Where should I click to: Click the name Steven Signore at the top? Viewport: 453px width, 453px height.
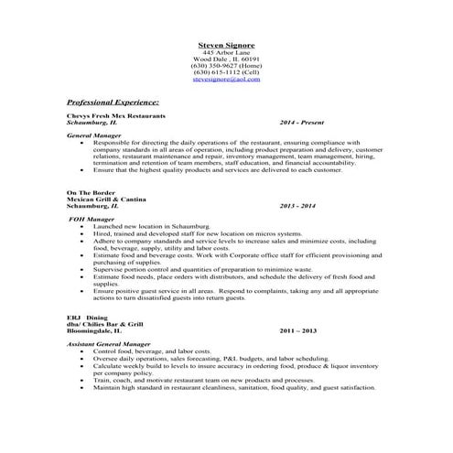click(225, 44)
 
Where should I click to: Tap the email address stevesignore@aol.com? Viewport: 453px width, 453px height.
click(225, 81)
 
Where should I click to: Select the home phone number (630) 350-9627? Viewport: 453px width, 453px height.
click(225, 66)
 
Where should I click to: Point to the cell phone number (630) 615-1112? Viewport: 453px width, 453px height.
click(225, 73)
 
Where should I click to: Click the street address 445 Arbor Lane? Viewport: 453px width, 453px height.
click(225, 51)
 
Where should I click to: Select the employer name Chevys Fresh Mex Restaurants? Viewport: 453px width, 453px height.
click(116, 117)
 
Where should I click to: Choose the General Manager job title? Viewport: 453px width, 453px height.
click(94, 136)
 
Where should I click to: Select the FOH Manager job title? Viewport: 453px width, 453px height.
click(92, 220)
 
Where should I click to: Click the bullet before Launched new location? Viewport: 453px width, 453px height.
click(83, 226)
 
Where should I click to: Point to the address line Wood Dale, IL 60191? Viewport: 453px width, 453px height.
click(225, 59)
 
